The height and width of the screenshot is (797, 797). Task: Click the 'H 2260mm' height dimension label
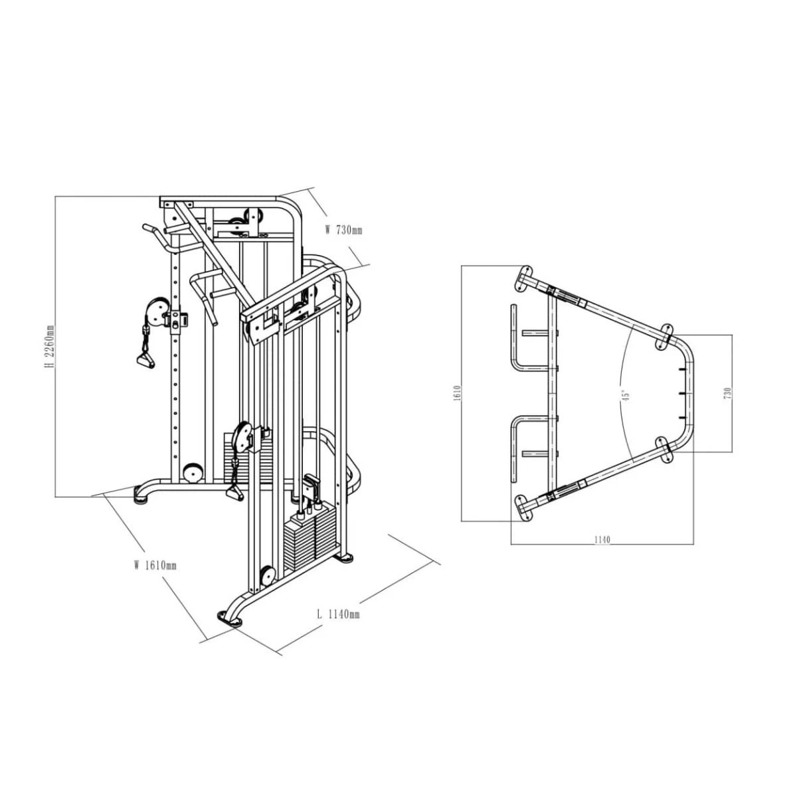coord(50,346)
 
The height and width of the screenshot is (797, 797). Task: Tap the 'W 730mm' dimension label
coord(343,230)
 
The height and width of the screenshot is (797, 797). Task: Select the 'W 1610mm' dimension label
coord(155,565)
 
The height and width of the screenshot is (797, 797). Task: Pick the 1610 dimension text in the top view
coord(456,393)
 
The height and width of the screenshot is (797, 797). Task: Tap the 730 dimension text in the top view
coord(727,393)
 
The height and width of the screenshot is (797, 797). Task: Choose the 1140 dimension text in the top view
coord(602,540)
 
